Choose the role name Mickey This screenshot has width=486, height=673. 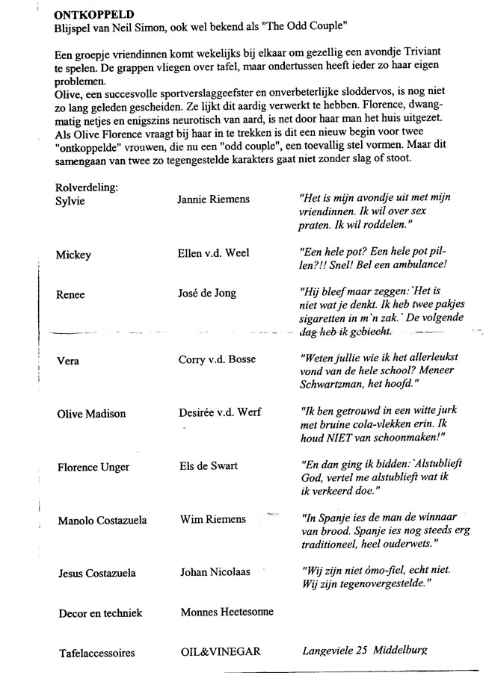click(x=73, y=255)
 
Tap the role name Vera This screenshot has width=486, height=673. click(x=68, y=361)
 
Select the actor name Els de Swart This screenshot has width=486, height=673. click(x=209, y=466)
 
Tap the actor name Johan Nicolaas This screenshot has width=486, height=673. click(x=215, y=573)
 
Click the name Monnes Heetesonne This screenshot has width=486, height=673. click(x=227, y=612)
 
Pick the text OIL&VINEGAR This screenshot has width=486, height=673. click(x=221, y=652)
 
